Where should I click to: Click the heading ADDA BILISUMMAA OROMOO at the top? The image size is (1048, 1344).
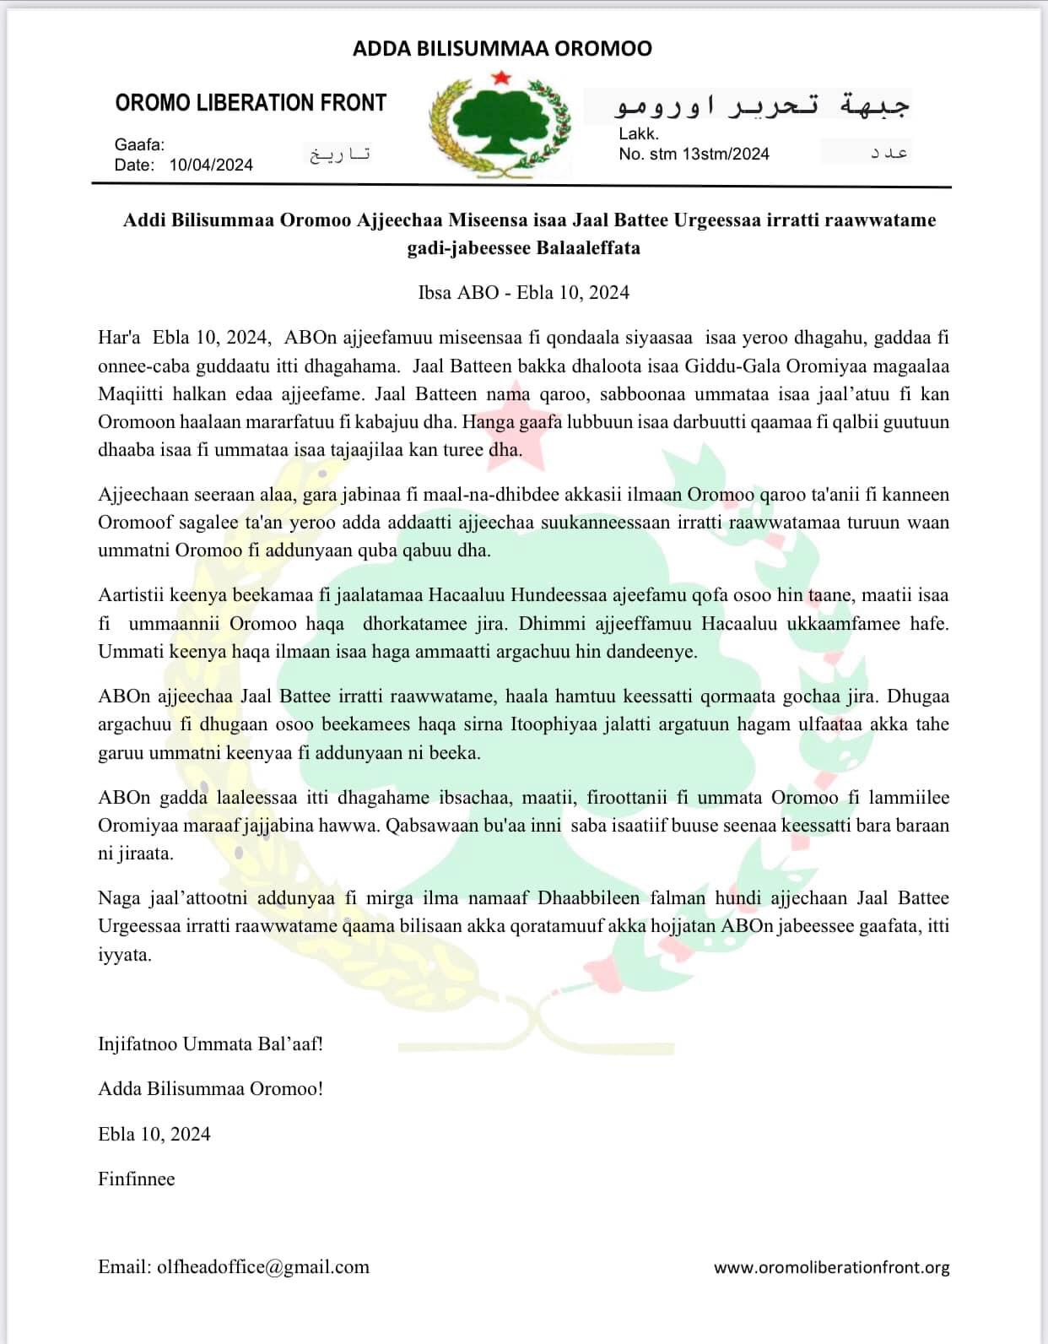click(502, 49)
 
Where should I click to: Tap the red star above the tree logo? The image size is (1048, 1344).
click(500, 78)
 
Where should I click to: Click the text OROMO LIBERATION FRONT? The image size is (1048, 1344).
click(251, 103)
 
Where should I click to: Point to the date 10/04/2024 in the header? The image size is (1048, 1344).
click(211, 165)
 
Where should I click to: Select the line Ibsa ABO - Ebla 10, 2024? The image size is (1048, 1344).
click(523, 293)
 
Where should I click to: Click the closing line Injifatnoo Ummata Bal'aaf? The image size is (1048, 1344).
click(210, 1044)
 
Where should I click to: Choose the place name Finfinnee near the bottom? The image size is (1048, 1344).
click(136, 1179)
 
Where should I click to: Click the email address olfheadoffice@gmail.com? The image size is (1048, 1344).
click(262, 1267)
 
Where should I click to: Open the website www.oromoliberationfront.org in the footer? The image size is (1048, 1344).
click(831, 1267)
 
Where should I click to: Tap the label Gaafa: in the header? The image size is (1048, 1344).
click(139, 144)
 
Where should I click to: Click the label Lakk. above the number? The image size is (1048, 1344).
click(639, 133)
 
